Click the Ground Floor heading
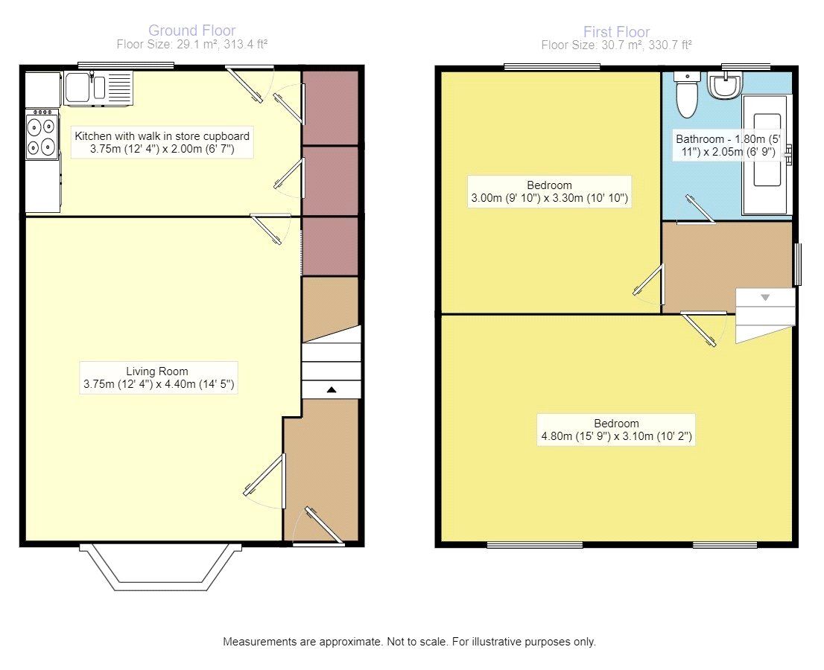pyautogui.click(x=191, y=31)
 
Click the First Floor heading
pyautogui.click(x=616, y=31)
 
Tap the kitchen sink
pyautogui.click(x=98, y=88)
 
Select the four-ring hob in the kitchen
pyautogui.click(x=42, y=134)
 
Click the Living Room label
pyautogui.click(x=156, y=371)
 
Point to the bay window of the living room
pyautogui.click(x=160, y=567)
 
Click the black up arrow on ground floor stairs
pyautogui.click(x=332, y=389)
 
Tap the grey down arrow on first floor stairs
pyautogui.click(x=765, y=298)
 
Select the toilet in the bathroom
pyautogui.click(x=686, y=95)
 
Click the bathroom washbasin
pyautogui.click(x=725, y=85)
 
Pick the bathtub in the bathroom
pyautogui.click(x=767, y=154)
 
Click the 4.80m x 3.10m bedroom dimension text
pyautogui.click(x=616, y=435)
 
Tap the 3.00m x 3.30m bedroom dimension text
pyautogui.click(x=549, y=198)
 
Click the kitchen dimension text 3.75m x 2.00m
pyautogui.click(x=162, y=149)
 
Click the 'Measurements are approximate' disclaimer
pyautogui.click(x=409, y=642)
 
